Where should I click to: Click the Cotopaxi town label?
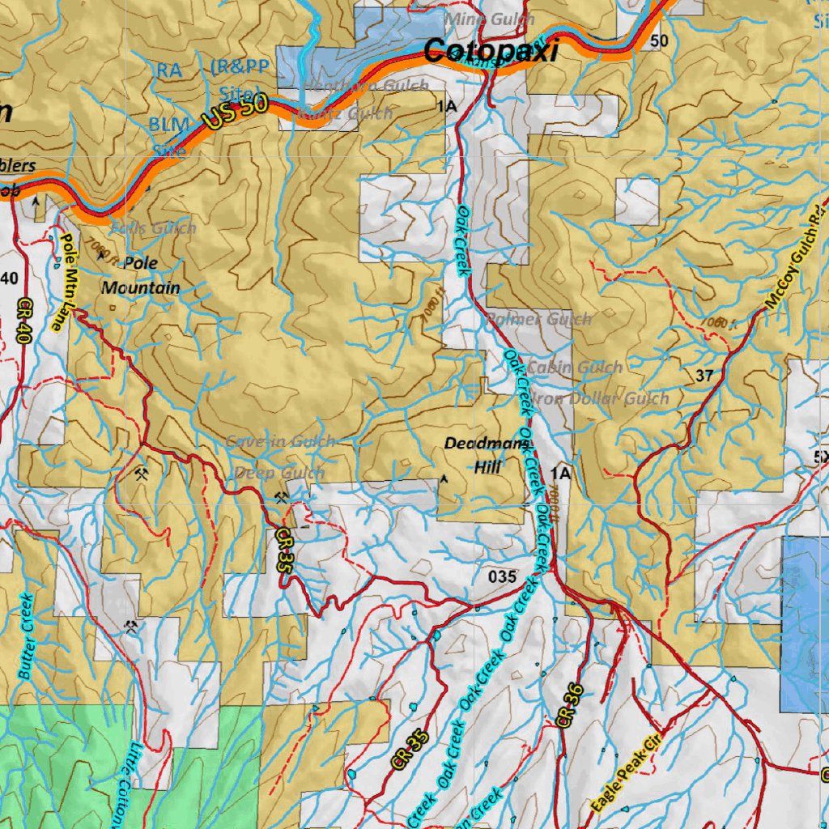coord(491,52)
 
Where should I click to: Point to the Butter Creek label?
coord(25,636)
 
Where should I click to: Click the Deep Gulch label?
coord(279,473)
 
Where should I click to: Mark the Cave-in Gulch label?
coord(280,442)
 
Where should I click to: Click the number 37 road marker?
coord(704,375)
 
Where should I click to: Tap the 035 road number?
coord(503,576)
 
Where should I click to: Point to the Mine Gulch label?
coord(490,19)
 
